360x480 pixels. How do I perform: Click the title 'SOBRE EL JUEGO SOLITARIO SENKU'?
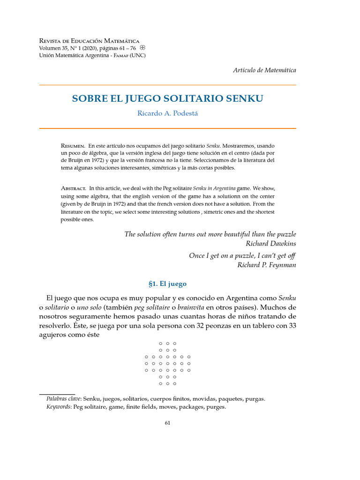[x=167, y=99]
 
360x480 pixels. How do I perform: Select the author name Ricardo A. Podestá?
[x=167, y=114]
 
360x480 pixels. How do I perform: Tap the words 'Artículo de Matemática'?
[x=264, y=70]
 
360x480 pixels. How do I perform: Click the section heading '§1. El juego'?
[x=167, y=284]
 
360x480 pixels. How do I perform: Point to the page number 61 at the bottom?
[x=167, y=423]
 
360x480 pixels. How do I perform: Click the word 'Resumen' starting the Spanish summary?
[x=73, y=146]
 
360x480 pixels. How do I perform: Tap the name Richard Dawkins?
[x=271, y=243]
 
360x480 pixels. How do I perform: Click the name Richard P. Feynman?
[x=267, y=265]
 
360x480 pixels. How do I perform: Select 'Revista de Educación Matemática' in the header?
[x=89, y=41]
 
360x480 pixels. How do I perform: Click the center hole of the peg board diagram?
[x=167, y=363]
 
